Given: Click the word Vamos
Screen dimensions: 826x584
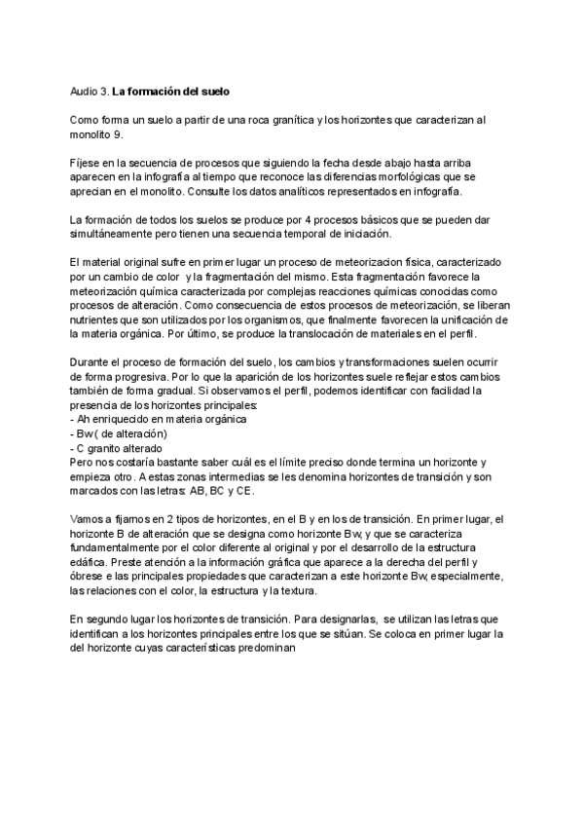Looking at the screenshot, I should coord(88,520).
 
